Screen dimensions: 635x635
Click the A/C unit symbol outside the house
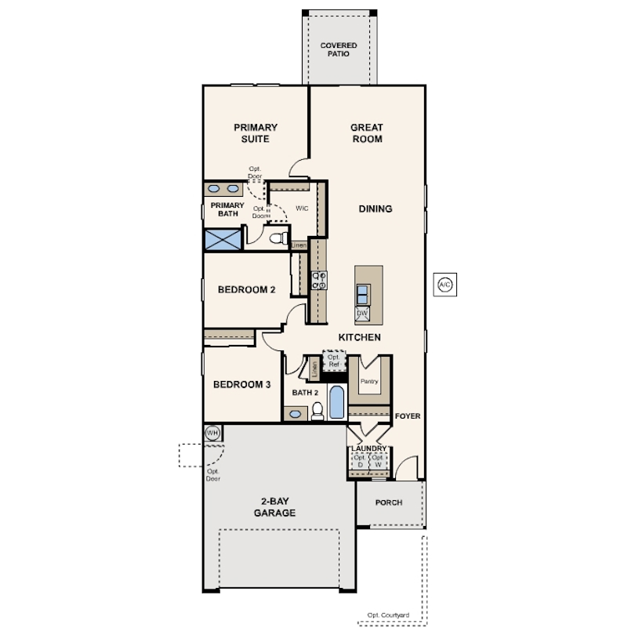(445, 285)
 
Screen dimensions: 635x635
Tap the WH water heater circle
(212, 433)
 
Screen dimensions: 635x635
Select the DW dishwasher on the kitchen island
(362, 314)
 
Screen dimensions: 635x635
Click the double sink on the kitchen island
(362, 295)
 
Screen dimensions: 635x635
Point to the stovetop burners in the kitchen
(319, 281)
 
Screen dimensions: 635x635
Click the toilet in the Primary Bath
(278, 238)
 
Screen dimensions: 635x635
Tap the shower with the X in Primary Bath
(223, 239)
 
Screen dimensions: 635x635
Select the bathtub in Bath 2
(337, 402)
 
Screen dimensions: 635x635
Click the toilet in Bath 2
(317, 411)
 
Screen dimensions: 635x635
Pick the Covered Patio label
(339, 49)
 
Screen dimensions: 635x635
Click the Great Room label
(367, 133)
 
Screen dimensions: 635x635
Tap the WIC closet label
(302, 209)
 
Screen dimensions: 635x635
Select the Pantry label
(369, 381)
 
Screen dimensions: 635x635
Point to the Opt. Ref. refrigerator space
(334, 361)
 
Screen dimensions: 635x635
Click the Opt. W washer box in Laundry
(378, 461)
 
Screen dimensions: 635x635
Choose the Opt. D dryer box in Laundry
(360, 461)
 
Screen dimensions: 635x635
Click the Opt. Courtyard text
(388, 615)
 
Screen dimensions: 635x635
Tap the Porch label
(389, 503)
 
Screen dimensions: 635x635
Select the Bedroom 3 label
(241, 384)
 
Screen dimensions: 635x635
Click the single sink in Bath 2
(296, 414)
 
